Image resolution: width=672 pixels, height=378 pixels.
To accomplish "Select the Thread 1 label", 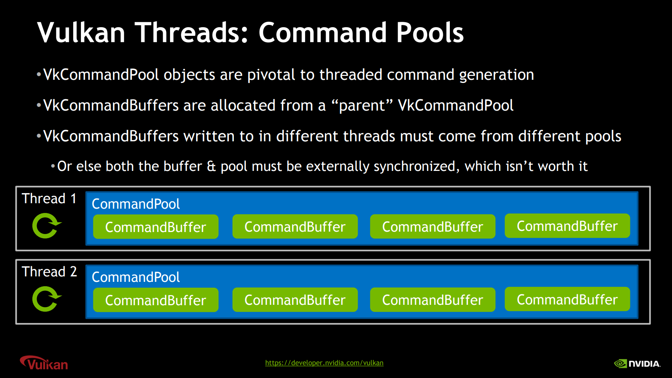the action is coord(49,199).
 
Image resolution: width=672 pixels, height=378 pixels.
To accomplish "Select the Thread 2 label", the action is coord(49,272).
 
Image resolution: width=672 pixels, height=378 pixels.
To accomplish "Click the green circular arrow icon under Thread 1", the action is coord(46,226).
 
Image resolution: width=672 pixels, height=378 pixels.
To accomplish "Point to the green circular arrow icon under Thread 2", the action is coord(46,299).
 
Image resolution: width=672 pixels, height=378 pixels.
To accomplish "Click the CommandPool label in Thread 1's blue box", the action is coord(136,204).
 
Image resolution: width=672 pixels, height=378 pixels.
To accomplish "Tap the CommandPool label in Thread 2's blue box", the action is coord(136,277).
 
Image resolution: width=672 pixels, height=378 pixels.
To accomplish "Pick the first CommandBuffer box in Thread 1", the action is coord(156,227).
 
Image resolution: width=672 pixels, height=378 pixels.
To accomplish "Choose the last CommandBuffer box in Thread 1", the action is coord(567,226).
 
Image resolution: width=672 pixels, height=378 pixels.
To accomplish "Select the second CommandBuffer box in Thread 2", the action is coord(295,300).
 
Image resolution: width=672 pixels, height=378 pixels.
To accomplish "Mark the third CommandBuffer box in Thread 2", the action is coord(433,300).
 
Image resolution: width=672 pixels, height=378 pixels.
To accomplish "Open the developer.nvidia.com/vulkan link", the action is coord(324,363).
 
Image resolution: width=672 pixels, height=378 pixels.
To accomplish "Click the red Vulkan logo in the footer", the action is coord(44,363).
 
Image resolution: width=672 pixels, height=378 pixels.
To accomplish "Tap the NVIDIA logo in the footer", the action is coord(637,364).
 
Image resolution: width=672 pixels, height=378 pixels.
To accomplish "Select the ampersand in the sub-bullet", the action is coord(211,167).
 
